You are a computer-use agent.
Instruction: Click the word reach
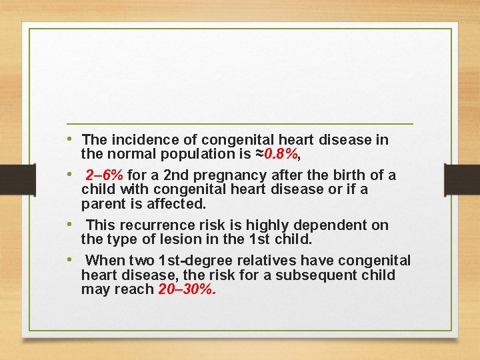click(137, 290)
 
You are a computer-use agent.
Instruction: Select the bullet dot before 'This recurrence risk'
click(70, 225)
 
